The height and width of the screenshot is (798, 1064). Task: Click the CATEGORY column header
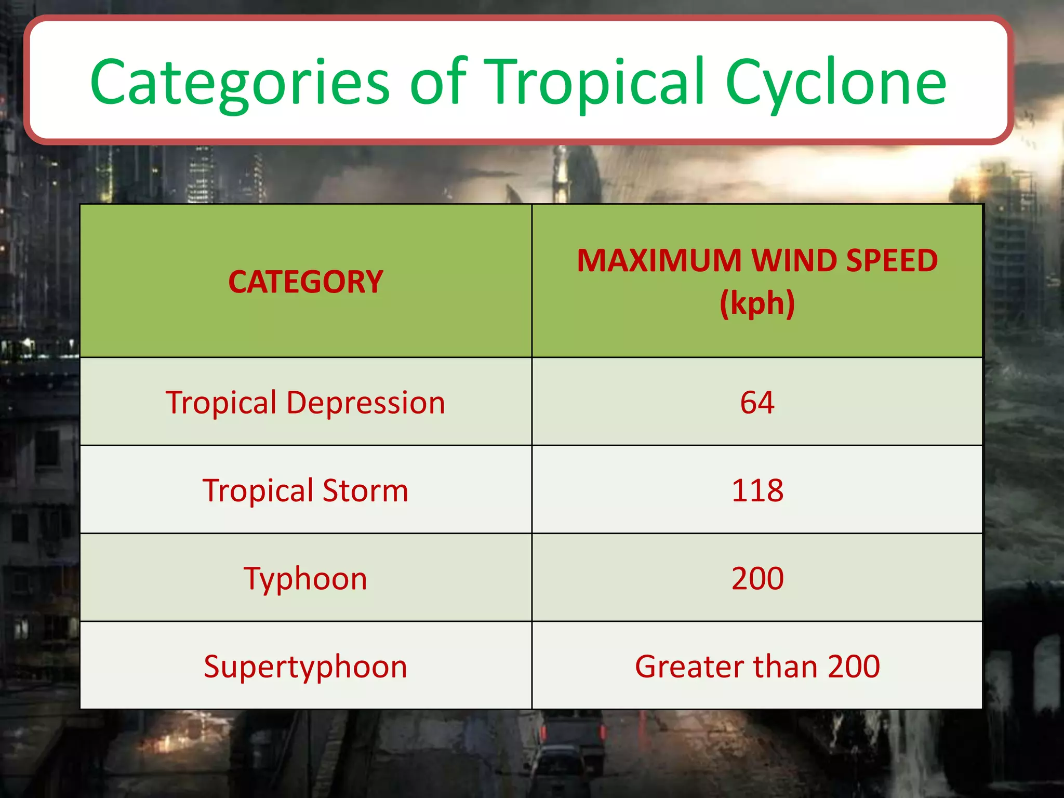pyautogui.click(x=305, y=282)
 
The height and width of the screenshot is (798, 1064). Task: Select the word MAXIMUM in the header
pyautogui.click(x=659, y=261)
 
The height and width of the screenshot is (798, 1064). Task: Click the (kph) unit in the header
pyautogui.click(x=757, y=303)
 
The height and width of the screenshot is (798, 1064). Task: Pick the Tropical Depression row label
pyautogui.click(x=305, y=403)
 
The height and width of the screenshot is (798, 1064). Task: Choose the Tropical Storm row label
pyautogui.click(x=305, y=491)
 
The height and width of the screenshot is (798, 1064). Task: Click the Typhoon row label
pyautogui.click(x=305, y=579)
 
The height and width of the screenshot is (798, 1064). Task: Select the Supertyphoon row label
pyautogui.click(x=305, y=667)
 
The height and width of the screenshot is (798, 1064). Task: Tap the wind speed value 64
pyautogui.click(x=757, y=403)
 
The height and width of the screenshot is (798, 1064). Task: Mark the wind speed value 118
pyautogui.click(x=757, y=490)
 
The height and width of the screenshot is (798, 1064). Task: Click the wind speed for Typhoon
pyautogui.click(x=757, y=578)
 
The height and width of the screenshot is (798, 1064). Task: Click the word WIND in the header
pyautogui.click(x=793, y=261)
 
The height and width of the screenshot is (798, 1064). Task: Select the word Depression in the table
pyautogui.click(x=366, y=403)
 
